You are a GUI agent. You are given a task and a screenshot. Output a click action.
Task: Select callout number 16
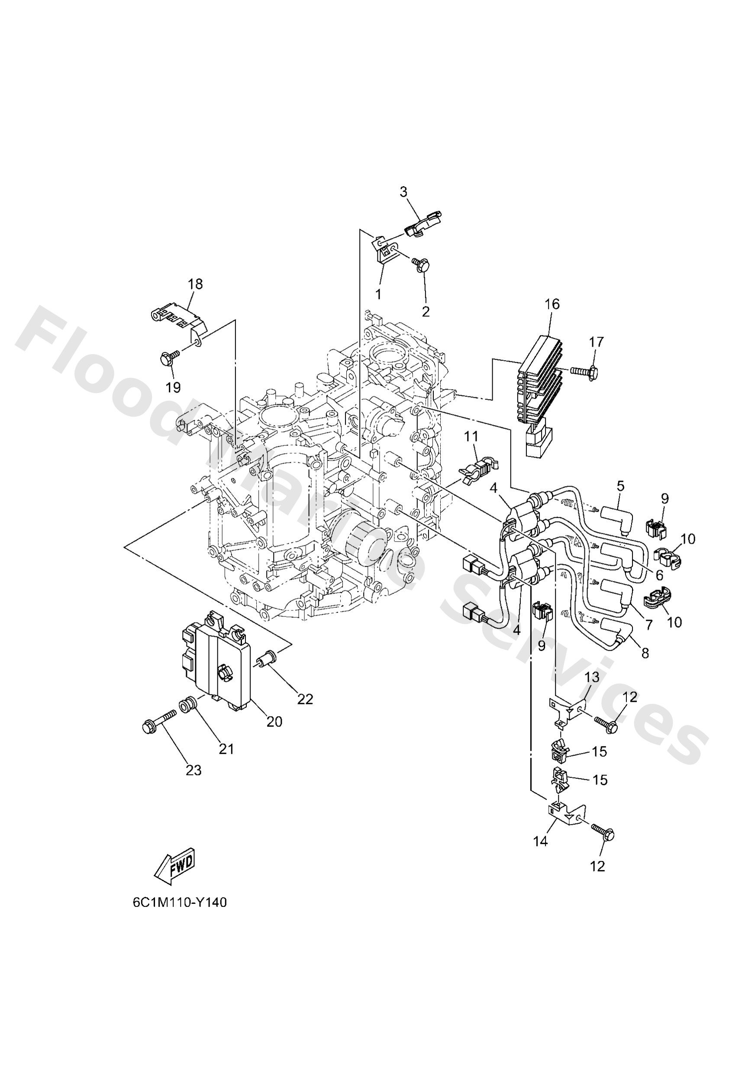pos(552,304)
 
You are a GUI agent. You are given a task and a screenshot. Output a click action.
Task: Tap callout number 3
pos(403,192)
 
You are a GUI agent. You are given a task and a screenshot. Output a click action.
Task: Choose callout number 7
pos(648,625)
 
